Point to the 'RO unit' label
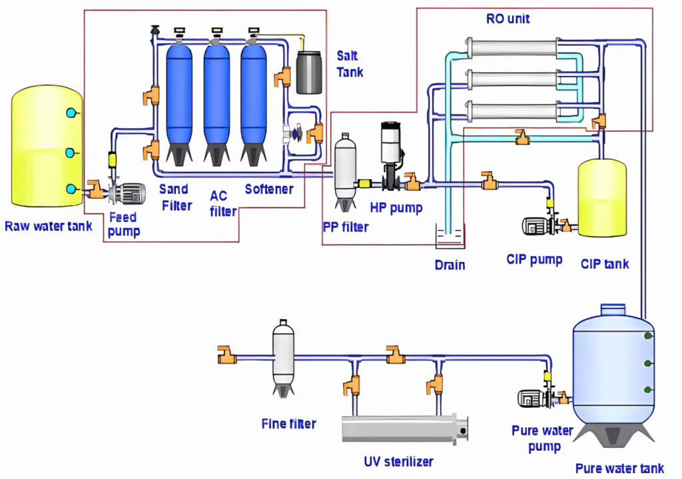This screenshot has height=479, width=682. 508,19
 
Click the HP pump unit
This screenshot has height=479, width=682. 392,150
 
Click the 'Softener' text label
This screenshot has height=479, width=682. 269,189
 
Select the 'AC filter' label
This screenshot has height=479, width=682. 223,204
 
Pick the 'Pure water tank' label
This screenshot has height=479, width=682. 619,468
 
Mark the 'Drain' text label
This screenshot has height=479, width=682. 450,264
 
